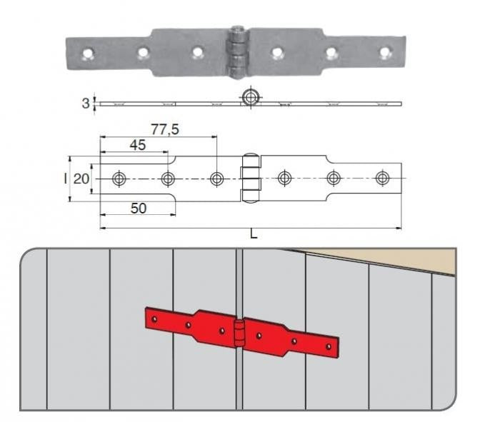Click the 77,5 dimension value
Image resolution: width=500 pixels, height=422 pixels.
[165, 129]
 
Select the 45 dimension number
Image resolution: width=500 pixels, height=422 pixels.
[138, 145]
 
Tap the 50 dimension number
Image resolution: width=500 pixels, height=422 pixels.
[139, 208]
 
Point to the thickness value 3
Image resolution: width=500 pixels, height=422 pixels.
[86, 104]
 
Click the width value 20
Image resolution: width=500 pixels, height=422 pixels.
[81, 179]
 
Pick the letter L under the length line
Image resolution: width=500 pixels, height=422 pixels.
[254, 234]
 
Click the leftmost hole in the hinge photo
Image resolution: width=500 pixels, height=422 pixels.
[88, 54]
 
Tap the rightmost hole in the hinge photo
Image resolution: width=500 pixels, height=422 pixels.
[385, 52]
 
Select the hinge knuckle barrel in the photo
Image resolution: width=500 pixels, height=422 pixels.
[237, 52]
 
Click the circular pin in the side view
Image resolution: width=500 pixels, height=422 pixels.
[251, 97]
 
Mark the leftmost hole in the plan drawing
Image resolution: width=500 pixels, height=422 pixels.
[119, 179]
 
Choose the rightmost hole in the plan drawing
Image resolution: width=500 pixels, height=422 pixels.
[382, 178]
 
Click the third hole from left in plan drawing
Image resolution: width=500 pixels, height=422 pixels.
[217, 179]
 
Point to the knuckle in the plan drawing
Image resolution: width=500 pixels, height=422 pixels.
[251, 179]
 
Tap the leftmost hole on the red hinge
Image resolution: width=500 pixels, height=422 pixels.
[155, 318]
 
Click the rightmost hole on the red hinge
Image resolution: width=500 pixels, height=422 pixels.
[328, 346]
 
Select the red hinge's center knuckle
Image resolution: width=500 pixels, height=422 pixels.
[239, 333]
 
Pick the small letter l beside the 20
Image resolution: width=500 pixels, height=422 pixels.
[66, 179]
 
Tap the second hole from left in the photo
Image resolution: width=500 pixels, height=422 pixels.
[143, 53]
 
